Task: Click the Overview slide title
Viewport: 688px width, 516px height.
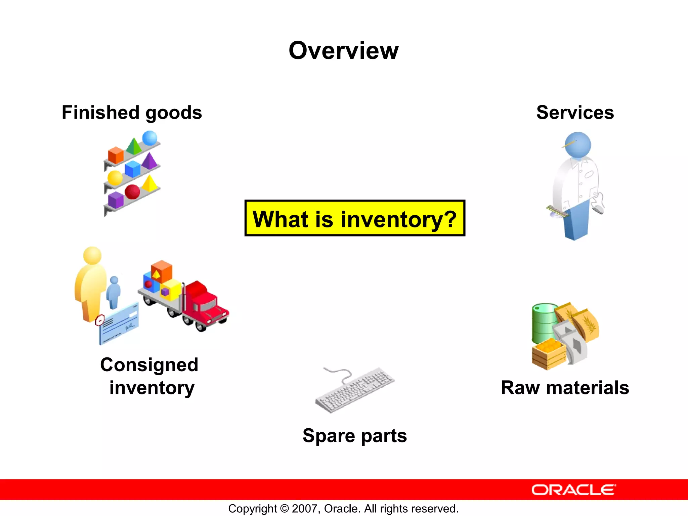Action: pos(343,51)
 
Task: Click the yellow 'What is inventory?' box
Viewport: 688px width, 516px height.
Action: pos(354,218)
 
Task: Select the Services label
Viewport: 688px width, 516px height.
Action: pos(575,113)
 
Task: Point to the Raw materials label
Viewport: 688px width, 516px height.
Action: pos(565,388)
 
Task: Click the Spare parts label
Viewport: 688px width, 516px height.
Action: pos(354,436)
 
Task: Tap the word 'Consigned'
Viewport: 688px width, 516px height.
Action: pos(149,365)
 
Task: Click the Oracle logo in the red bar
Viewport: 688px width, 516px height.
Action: pos(573,490)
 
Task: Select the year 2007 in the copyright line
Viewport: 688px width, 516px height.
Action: pos(305,509)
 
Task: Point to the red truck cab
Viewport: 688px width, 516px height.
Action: pos(205,302)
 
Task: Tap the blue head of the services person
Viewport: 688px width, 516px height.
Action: pos(577,144)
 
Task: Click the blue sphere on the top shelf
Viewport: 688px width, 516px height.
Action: pos(149,138)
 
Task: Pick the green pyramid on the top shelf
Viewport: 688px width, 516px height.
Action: pos(134,146)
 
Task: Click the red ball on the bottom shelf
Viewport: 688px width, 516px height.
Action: pos(132,191)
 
